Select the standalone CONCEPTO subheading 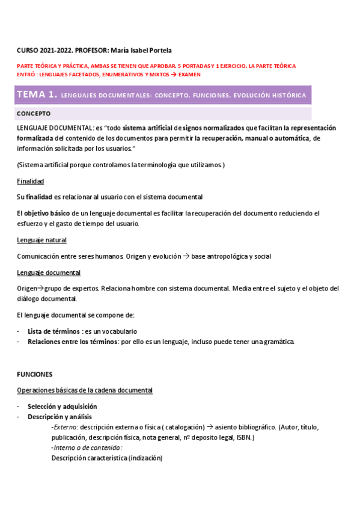click(x=34, y=113)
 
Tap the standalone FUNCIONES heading click(x=35, y=374)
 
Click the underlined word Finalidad click(x=31, y=181)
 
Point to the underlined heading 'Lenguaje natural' click(x=42, y=240)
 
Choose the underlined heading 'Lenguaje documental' click(x=48, y=272)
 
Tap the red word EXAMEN click(x=189, y=75)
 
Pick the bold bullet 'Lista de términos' click(x=54, y=331)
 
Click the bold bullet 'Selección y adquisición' click(x=62, y=406)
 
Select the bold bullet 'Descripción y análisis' click(x=59, y=416)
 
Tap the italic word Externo click(x=66, y=427)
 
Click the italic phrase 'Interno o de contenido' click(x=88, y=447)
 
